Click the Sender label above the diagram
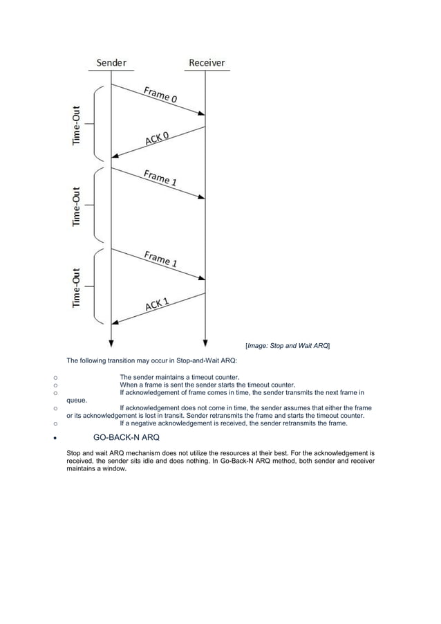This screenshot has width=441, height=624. [111, 63]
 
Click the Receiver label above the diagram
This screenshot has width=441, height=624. [207, 63]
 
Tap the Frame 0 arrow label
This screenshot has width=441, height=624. [160, 95]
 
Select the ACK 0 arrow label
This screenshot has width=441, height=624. [158, 137]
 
